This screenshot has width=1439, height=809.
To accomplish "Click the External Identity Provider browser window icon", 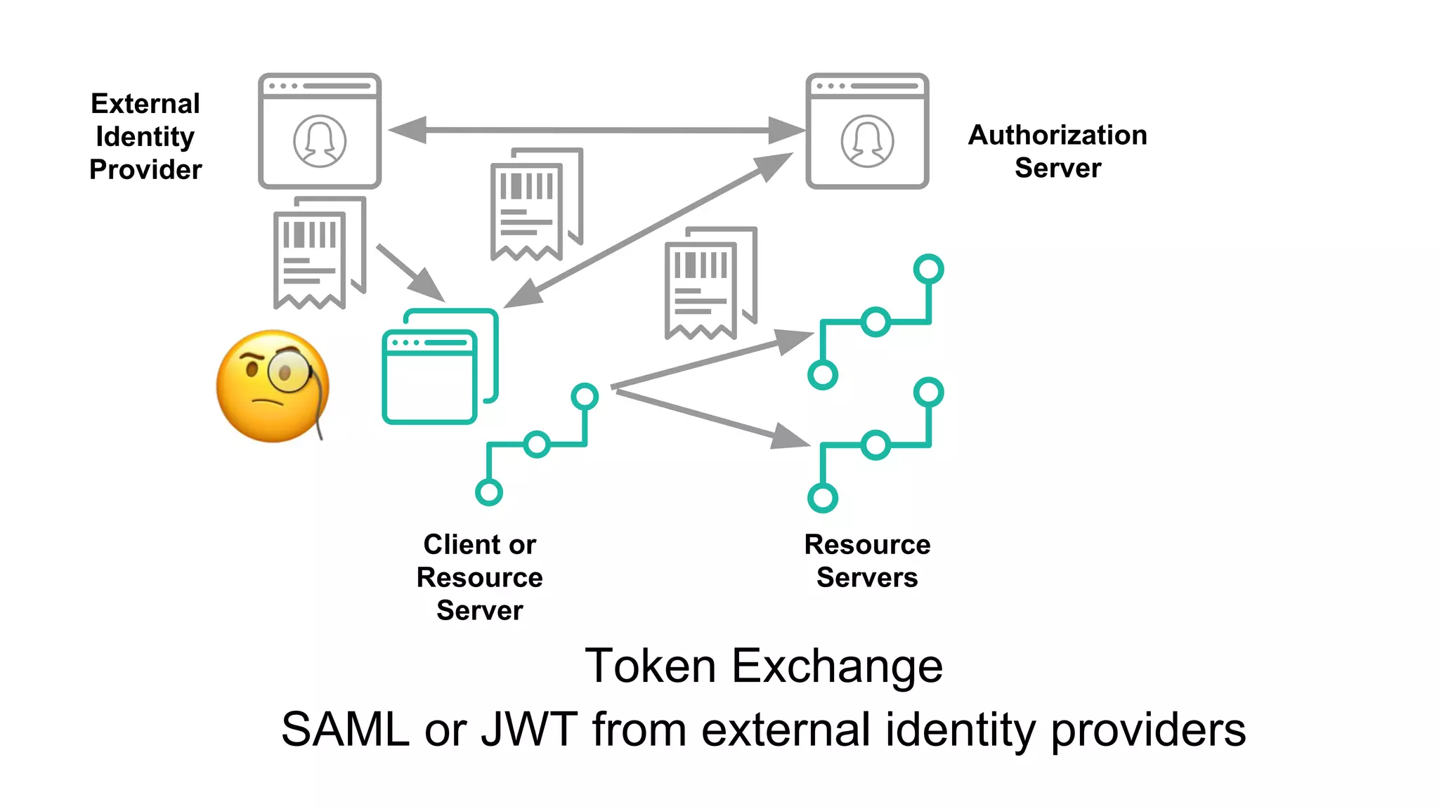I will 320,131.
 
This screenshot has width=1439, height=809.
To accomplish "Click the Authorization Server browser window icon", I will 867,131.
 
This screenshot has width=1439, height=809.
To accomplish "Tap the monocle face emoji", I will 273,386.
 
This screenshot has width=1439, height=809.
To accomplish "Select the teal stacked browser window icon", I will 440,367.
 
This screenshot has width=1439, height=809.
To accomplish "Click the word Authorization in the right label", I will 1057,135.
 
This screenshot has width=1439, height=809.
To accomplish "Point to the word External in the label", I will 145,104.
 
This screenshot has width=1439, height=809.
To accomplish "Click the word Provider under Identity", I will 145,169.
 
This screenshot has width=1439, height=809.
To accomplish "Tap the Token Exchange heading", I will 764,666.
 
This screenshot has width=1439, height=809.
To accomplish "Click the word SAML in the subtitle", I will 345,729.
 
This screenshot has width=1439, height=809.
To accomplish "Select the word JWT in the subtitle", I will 528,729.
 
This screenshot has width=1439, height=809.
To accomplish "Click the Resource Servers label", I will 867,560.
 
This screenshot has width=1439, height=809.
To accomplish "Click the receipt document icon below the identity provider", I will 318,254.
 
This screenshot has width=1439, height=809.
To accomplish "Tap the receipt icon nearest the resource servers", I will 709,284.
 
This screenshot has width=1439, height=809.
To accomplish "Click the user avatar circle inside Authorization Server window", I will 867,141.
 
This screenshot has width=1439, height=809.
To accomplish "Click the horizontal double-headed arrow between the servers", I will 597,130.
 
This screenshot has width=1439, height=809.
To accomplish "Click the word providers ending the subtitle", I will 1148,729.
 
